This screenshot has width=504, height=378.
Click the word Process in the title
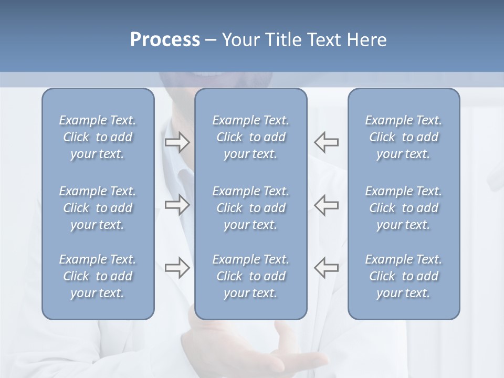coord(165,40)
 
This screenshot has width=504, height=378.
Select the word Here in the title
coord(367,40)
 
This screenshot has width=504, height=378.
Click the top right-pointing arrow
coord(177,142)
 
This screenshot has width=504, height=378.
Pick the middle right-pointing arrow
coord(177,205)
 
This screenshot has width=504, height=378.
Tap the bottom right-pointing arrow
coord(177,267)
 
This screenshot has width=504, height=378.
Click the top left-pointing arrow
coord(327,142)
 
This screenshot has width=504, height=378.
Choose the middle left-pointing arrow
coord(327,205)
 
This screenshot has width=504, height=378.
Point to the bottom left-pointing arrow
coord(327,267)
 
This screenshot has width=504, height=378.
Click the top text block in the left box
coord(98,137)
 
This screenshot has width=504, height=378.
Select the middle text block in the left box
coord(98,208)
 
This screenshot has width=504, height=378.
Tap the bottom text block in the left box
coord(98,276)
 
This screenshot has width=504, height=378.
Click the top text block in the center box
coord(251,137)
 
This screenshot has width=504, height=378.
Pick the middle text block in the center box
coord(251,208)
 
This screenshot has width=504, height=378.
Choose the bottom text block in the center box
coord(251,276)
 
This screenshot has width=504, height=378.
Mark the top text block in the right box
coord(404,137)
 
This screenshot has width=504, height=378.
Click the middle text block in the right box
coord(404,208)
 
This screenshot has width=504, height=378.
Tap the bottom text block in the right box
coord(404,276)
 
